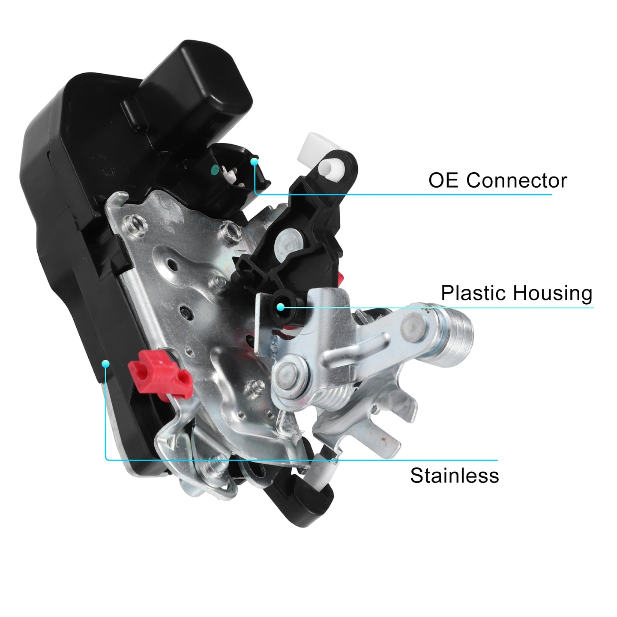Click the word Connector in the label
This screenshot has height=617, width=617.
pyautogui.click(x=516, y=180)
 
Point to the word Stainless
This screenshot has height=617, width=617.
pyautogui.click(x=454, y=476)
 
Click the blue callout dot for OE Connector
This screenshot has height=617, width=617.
pyautogui.click(x=254, y=162)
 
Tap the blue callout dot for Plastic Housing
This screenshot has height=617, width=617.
pyautogui.click(x=281, y=307)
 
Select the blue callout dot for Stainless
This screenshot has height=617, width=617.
pyautogui.click(x=106, y=364)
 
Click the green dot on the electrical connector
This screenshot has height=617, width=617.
pyautogui.click(x=215, y=169)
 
